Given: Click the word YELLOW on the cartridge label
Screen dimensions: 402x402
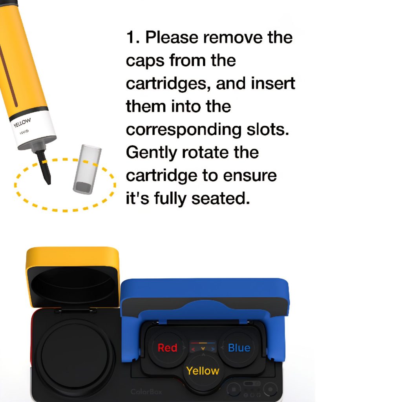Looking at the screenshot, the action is (22, 123).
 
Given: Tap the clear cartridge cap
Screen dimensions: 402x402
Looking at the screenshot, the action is (87, 169).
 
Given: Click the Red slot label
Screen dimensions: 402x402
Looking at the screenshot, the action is (167, 348).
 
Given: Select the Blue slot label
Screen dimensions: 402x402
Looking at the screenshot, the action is (239, 348).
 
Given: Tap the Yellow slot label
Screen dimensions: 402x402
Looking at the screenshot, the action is (203, 371).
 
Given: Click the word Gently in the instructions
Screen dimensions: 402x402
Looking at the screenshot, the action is (151, 153).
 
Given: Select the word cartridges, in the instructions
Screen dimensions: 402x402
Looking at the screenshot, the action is (168, 84).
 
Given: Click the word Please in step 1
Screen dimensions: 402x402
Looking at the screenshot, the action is (172, 37).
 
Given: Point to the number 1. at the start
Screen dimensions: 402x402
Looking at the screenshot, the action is (133, 37).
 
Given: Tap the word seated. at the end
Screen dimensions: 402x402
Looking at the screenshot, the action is (221, 198).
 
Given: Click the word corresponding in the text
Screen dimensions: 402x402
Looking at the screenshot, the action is (184, 130).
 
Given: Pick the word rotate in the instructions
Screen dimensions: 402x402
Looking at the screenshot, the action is (205, 153).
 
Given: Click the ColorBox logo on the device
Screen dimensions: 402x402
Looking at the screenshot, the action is (146, 392).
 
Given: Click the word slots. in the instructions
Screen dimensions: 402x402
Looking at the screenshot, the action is (268, 130).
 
